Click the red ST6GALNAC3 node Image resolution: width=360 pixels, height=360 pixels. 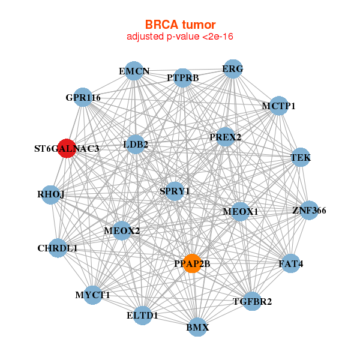pos(66,148)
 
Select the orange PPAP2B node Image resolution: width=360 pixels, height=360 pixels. pos(191,263)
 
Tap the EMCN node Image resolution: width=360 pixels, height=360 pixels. pos(135,71)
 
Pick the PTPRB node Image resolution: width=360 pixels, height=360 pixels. pos(183,77)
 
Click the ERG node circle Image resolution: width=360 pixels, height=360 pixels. pos(232,69)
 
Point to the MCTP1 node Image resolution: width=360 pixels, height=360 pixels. pos(278,106)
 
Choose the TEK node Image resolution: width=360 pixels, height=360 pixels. pos(300,157)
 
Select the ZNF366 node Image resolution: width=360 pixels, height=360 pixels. pos(309,210)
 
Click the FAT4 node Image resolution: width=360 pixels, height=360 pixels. pos(290,263)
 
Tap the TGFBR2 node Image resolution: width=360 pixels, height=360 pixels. pos(253,301)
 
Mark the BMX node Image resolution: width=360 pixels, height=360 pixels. pos(197,328)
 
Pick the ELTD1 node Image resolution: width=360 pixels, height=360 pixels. pos(142,315)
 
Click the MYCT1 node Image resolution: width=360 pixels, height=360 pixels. pos(93,295)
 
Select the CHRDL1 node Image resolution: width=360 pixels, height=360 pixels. pos(58,248)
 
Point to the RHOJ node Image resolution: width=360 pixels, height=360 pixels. pos(50,194)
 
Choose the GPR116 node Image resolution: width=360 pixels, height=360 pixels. pos(83,97)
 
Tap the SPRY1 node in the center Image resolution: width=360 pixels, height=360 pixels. pos(175,191)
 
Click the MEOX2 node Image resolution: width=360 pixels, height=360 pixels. pos(122,230)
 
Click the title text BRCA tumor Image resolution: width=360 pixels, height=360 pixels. pos(180,25)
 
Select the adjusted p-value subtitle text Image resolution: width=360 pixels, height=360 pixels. pos(180,37)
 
